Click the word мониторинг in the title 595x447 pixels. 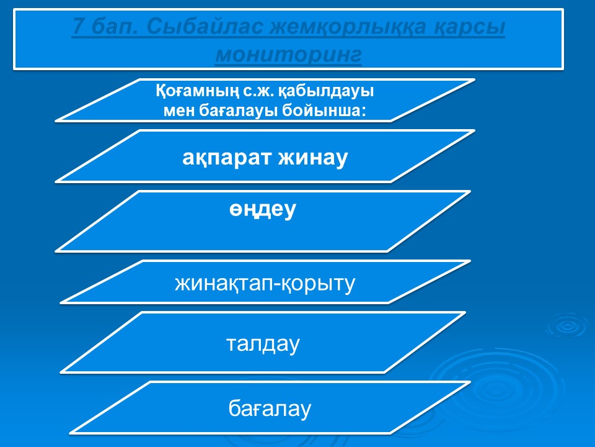point(288,55)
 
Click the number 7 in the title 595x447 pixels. point(79,27)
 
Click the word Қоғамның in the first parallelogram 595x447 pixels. point(197,92)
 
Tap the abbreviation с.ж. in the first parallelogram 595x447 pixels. point(258,92)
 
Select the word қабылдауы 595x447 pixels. point(326,92)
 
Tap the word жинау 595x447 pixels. point(313,158)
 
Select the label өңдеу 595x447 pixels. point(263,209)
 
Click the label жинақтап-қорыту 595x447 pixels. point(265,284)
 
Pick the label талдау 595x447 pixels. point(263,344)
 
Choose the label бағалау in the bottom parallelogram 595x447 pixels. point(270,409)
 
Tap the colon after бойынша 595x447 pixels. point(364,112)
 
